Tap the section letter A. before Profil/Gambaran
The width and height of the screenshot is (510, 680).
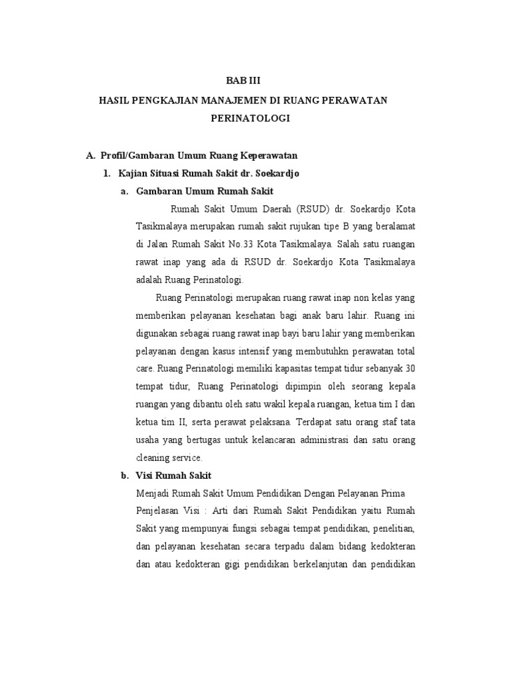(x=91, y=155)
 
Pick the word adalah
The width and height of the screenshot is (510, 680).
(x=149, y=280)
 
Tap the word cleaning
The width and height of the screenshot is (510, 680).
(x=151, y=458)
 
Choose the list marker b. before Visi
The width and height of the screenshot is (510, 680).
(x=124, y=475)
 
